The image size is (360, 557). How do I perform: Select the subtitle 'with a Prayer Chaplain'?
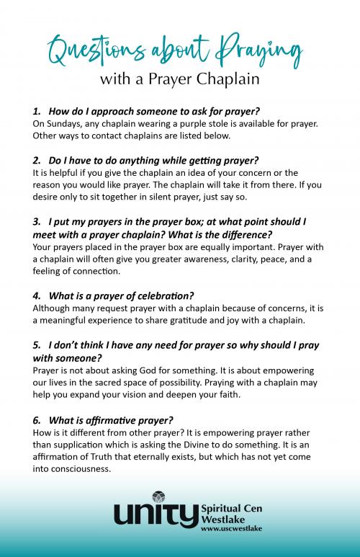point(180,79)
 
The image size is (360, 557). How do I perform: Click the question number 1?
point(36,112)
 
